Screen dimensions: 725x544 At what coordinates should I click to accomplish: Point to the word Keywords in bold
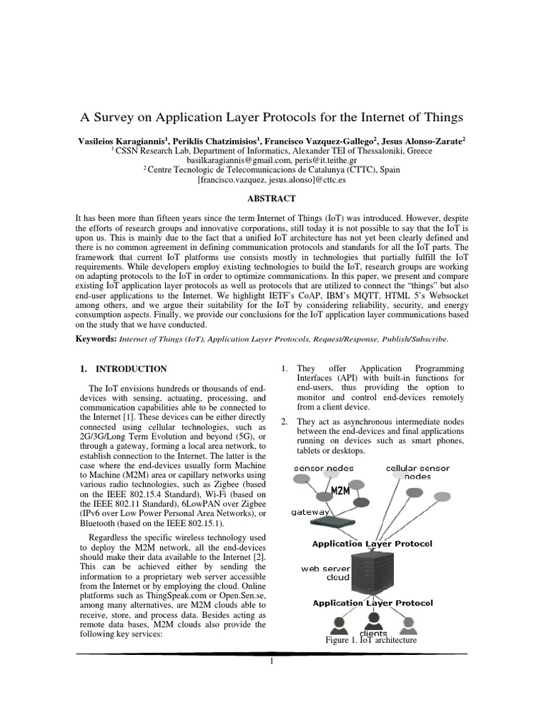(95, 339)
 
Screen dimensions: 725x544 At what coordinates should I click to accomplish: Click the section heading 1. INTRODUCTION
(123, 369)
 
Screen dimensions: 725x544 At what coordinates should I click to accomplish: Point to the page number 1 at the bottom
(271, 661)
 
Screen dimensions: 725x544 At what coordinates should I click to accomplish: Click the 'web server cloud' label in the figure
(325, 572)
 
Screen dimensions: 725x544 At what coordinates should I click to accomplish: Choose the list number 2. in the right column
(283, 422)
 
